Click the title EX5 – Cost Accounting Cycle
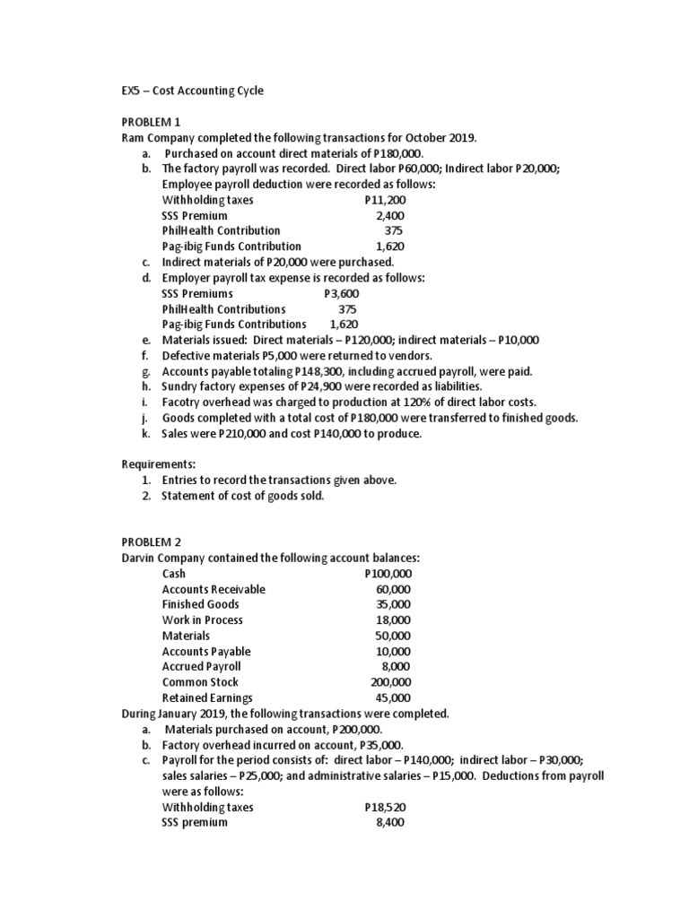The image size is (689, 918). [x=193, y=91]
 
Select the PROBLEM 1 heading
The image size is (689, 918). [x=151, y=121]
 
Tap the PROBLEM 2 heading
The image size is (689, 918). [x=151, y=542]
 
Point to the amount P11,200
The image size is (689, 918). [x=386, y=200]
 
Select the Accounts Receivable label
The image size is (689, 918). [x=214, y=589]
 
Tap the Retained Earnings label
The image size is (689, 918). [x=207, y=697]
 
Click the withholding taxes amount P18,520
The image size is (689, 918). [x=385, y=807]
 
